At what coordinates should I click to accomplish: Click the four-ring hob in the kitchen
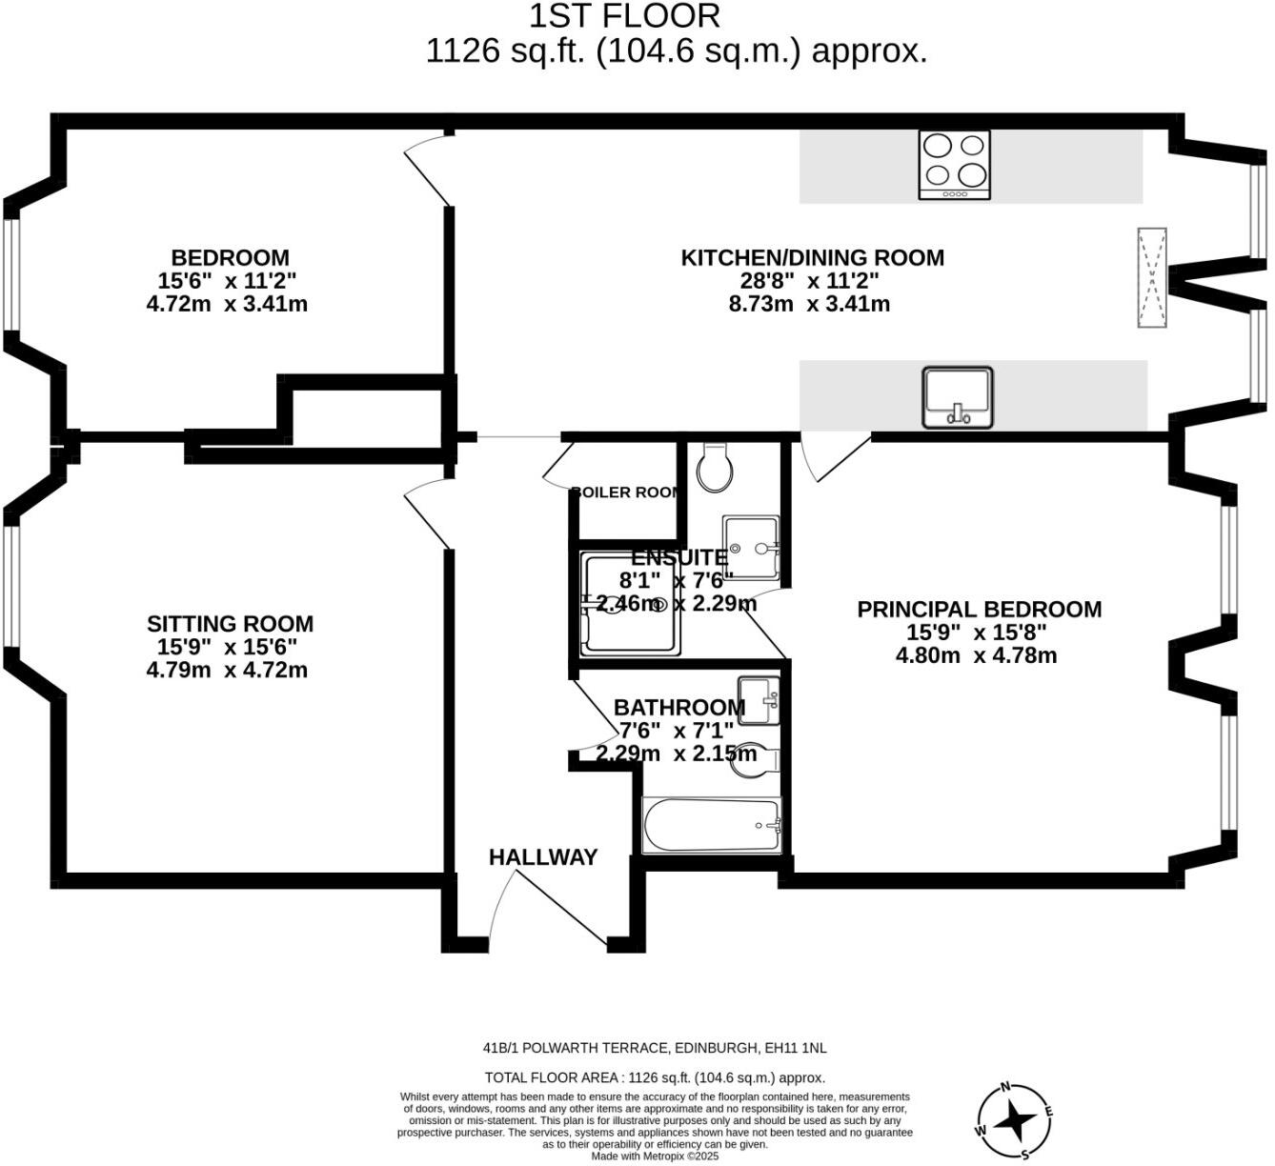click(954, 164)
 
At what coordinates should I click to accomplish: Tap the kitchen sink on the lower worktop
click(957, 397)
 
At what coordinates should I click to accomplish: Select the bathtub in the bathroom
click(712, 824)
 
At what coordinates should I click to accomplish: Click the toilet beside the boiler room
click(715, 467)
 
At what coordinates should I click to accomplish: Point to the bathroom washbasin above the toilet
click(759, 700)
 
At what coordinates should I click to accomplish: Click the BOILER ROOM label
click(627, 493)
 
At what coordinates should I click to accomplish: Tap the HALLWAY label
click(543, 857)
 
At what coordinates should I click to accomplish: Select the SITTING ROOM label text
click(230, 624)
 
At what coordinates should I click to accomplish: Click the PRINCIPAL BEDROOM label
click(979, 610)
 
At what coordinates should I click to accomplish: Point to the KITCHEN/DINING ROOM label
click(812, 257)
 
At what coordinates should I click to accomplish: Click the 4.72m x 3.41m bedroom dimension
click(227, 305)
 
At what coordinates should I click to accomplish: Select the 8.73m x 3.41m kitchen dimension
click(809, 305)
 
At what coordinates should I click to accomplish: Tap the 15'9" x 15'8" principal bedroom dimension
click(977, 633)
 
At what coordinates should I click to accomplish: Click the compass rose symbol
click(1014, 1121)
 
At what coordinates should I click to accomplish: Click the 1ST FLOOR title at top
click(624, 16)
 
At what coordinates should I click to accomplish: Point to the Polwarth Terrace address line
click(655, 1048)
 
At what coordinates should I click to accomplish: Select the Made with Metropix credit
click(655, 1156)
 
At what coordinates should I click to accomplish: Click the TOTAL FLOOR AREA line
click(655, 1077)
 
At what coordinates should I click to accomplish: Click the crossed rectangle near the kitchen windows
click(1152, 278)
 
